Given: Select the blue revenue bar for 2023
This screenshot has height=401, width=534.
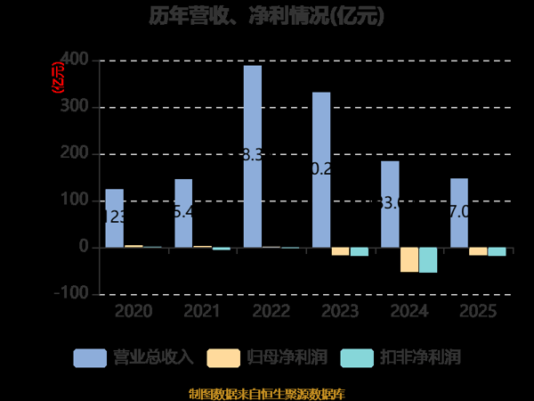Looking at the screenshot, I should tap(321, 169).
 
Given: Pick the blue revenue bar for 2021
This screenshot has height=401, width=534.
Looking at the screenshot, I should tap(183, 213).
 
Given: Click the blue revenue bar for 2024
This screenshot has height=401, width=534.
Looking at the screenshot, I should tap(390, 204).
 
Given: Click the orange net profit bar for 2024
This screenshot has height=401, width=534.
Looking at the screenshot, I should tap(409, 259).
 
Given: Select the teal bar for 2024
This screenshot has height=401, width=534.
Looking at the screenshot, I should tap(428, 259).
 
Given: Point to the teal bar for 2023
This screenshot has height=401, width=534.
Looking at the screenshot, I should tap(359, 251).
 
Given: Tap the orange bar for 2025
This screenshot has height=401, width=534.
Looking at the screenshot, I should tap(478, 251).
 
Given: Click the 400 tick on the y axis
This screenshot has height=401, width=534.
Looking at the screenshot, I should tap(76, 60).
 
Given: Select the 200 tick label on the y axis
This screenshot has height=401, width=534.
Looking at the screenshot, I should tap(76, 153).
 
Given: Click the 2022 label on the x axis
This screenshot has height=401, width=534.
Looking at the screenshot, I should tap(271, 311).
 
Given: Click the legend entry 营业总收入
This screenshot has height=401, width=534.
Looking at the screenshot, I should tap(133, 358).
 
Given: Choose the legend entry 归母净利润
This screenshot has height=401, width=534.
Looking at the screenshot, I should tap(267, 358).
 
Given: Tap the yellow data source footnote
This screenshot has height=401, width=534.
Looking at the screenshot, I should tap(267, 393).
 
